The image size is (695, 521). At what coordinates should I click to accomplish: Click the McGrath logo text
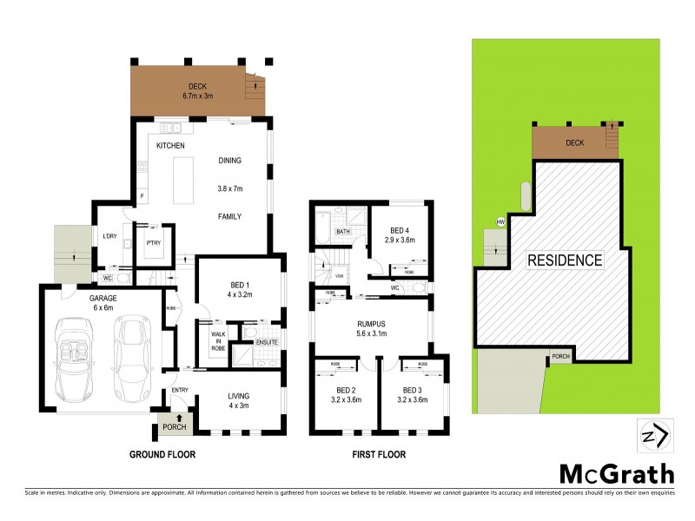[x=616, y=473]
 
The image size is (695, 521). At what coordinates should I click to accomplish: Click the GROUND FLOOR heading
[x=162, y=454]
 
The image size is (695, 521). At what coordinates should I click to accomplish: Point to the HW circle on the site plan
[x=500, y=222]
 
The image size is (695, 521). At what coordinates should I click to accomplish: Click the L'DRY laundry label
[x=110, y=237]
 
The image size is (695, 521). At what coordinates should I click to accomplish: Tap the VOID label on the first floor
[x=339, y=276]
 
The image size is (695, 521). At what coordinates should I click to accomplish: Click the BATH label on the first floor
[x=342, y=232]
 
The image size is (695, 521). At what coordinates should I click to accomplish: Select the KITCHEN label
[x=171, y=146]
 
